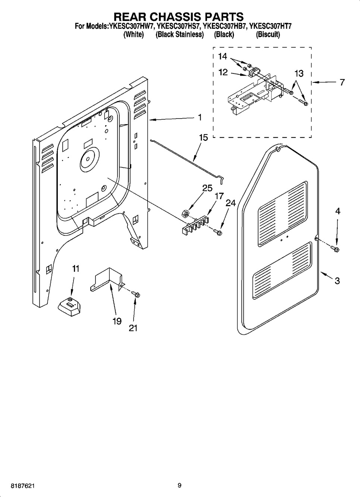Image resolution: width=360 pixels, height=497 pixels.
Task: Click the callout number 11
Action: pos(76,268)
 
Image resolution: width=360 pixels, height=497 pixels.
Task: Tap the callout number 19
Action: pos(117,321)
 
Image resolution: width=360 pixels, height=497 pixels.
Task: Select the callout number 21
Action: pos(133,328)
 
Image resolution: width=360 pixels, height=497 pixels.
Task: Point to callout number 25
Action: pos(207,188)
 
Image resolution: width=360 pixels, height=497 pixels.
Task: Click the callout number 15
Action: pos(203,138)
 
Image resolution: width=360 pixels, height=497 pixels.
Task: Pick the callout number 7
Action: pos(342,82)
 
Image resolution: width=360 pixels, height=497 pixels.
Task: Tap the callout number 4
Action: pos(337,211)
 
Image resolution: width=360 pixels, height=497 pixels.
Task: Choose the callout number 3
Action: pos(337,281)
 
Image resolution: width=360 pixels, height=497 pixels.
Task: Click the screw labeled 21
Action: pos(136,295)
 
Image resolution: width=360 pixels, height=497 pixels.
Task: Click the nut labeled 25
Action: pos(184,213)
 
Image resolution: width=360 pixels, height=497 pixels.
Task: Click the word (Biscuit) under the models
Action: pos(268,35)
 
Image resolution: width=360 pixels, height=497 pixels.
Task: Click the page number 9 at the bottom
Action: pos(179,485)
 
